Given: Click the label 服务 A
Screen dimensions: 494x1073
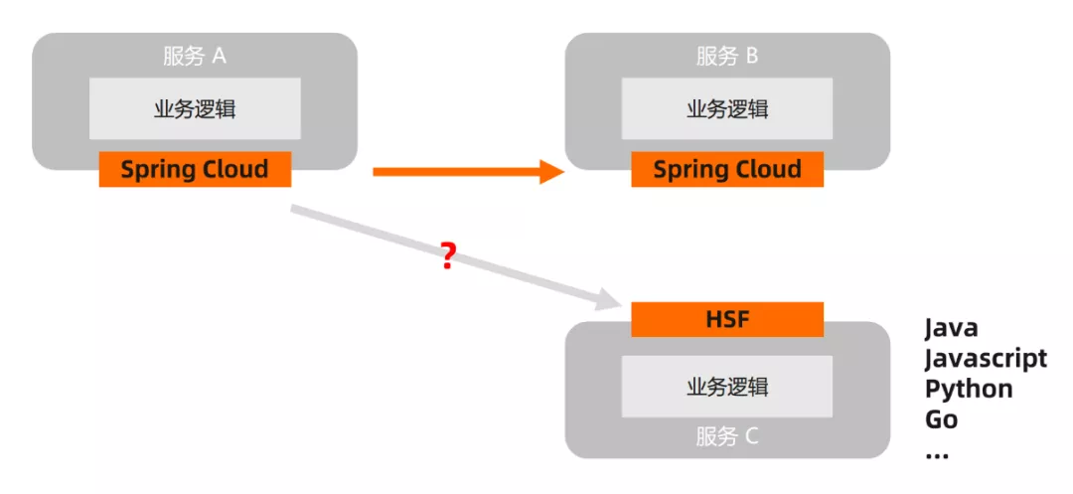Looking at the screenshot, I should click(195, 56).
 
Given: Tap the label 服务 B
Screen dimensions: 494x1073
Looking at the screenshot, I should click(727, 56).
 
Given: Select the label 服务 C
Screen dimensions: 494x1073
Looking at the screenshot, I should click(727, 435).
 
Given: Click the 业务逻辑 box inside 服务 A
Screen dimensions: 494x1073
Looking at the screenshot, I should click(195, 109).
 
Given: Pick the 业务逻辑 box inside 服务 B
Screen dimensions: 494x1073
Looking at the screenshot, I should click(727, 109).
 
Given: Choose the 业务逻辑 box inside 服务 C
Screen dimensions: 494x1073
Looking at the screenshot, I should click(727, 387).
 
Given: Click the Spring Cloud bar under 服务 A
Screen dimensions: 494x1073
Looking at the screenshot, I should click(195, 169).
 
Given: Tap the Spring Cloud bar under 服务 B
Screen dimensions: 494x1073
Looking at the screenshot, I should click(727, 169).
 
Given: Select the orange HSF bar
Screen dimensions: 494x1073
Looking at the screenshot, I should click(727, 320).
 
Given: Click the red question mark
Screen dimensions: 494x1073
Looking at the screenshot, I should click(448, 257).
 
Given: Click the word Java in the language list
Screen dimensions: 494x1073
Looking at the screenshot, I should click(951, 328).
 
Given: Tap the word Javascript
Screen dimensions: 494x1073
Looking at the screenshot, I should click(986, 358).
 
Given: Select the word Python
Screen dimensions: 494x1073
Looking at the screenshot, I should click(969, 389).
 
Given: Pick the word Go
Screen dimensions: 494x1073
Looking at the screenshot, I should click(941, 418).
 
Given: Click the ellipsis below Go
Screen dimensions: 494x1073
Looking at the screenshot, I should click(937, 453).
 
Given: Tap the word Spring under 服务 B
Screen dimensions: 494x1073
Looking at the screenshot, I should click(689, 170).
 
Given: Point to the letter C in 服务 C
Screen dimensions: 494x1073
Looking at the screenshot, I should click(751, 435).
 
